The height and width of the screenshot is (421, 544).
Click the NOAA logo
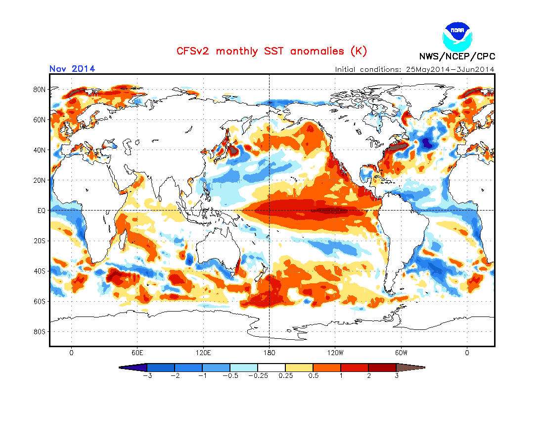click(457, 37)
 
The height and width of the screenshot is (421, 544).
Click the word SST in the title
click(274, 51)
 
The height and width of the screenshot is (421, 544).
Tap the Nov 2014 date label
click(72, 68)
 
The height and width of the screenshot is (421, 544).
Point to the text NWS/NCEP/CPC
click(457, 56)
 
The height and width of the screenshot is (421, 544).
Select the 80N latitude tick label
click(39, 89)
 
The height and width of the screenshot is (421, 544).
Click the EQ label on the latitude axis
click(41, 210)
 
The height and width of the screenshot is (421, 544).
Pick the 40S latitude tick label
click(39, 271)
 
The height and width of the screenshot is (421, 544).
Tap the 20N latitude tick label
click(39, 180)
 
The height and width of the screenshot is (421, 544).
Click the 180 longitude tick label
click(269, 353)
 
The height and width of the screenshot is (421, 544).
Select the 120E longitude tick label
click(203, 353)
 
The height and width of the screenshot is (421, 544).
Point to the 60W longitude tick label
click(401, 353)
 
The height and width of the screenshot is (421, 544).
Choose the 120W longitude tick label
click(335, 353)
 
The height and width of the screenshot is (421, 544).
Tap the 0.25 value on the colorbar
click(286, 375)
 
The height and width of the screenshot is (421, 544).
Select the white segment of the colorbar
click(272, 368)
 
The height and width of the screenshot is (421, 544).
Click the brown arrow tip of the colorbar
click(411, 368)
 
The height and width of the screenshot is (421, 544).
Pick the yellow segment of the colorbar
click(299, 368)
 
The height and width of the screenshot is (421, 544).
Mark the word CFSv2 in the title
click(192, 51)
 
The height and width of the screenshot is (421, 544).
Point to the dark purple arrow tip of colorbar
click(133, 368)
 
